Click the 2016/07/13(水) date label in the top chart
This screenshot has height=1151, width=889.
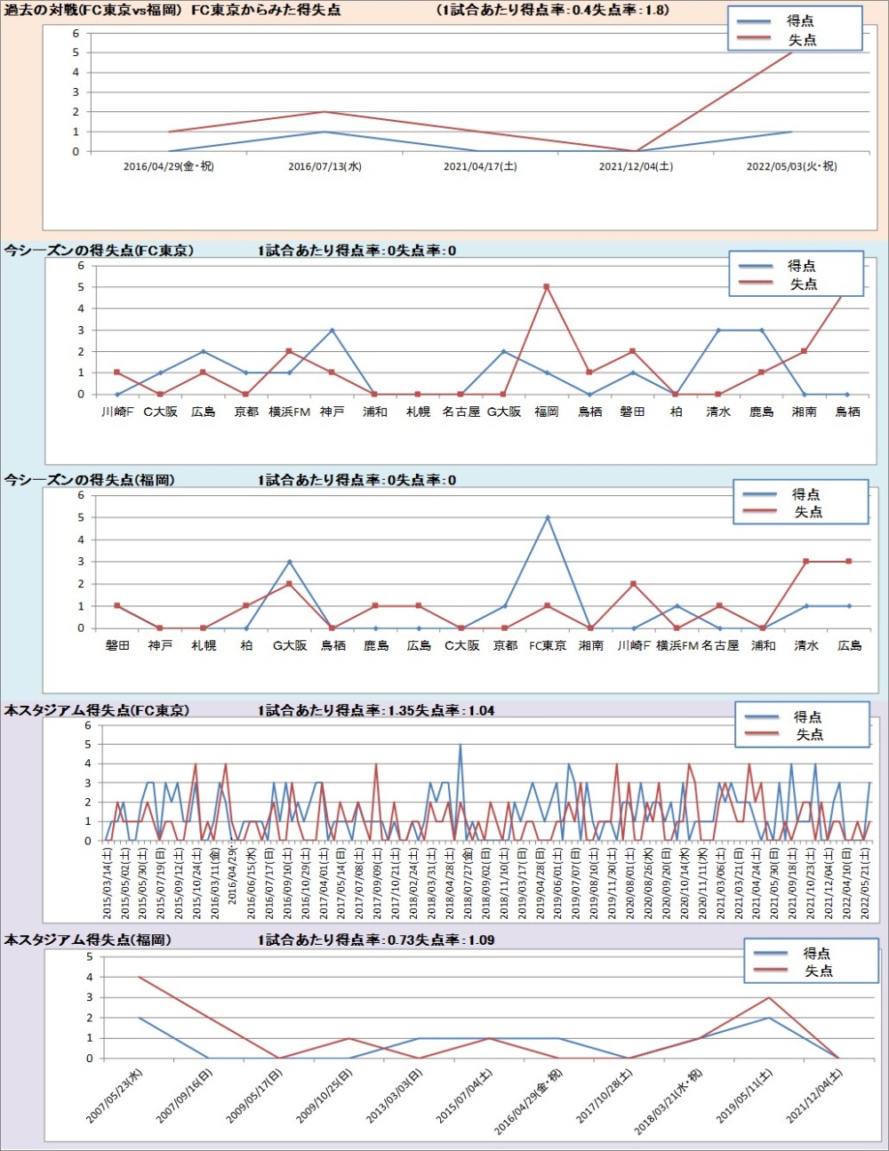coord(324,166)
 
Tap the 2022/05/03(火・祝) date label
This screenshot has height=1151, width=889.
coord(791,166)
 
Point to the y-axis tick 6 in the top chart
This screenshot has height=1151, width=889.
coord(76,34)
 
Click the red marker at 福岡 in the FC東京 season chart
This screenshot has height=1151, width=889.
coord(547,287)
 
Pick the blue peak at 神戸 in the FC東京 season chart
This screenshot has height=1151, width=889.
coord(332,331)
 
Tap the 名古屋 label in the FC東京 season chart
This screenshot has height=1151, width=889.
coord(461,412)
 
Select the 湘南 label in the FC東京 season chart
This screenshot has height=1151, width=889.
coord(804,412)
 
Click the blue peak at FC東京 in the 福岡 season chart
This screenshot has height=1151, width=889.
coord(548,517)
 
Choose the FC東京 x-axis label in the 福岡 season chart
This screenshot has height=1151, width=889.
coord(548,645)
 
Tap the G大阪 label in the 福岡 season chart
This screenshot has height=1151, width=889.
coord(289,645)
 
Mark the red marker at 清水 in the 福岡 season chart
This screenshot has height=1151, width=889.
coord(806,562)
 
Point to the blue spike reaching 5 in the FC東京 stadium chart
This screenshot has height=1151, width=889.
coord(460,745)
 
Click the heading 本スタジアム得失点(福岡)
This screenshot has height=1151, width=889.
coord(87,939)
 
